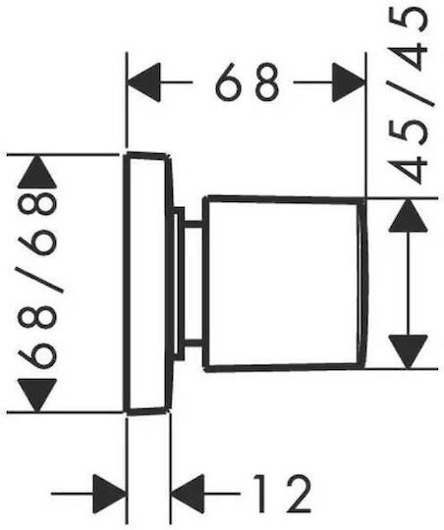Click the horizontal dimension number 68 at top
247,81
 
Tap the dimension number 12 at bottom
282,494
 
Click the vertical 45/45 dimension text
409,94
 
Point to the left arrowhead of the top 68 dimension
142,82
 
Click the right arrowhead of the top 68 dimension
349,82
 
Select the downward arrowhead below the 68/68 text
37,396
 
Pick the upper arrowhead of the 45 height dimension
409,215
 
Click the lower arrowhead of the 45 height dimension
409,352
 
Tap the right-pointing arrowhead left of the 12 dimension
110,494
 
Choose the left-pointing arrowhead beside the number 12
188,494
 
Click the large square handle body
283,284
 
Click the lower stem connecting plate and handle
193,344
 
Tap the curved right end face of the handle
363,284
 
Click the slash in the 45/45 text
412,94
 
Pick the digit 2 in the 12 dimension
296,494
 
